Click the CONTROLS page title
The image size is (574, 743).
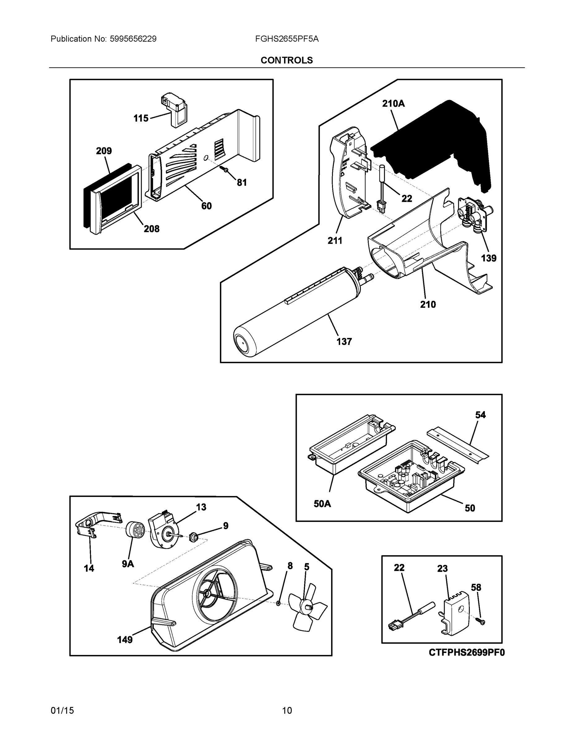coord(286,60)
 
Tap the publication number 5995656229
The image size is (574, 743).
coord(133,39)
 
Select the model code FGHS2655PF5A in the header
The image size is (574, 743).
coord(287,39)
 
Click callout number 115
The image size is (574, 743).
coord(141,118)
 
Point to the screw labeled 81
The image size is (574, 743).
coord(225,168)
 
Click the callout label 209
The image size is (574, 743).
coord(104,151)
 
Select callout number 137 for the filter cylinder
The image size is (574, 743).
coord(344,341)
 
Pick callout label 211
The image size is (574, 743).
coord(335,241)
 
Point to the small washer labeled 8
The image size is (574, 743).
coord(278,603)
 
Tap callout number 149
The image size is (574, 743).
coord(125,640)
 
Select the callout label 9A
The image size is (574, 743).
coord(128,564)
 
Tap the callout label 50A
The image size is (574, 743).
coord(322,504)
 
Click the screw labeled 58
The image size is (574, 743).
coord(482,622)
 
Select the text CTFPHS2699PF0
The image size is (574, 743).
coord(467,652)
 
